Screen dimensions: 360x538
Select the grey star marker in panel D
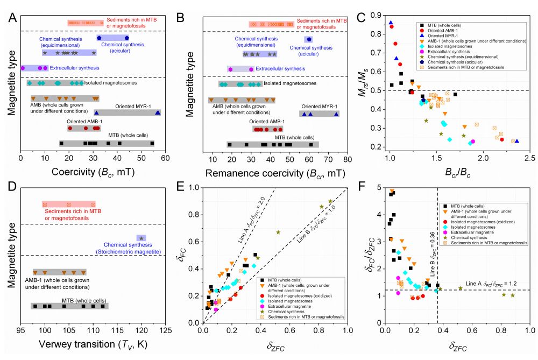[141, 238]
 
